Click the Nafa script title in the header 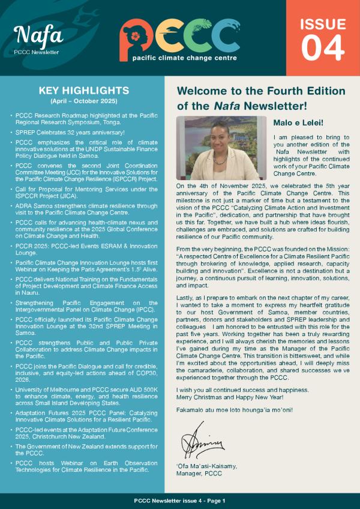coord(38,35)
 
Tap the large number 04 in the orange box coord(323,48)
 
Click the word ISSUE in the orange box coord(323,24)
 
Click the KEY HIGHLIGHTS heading coord(83,91)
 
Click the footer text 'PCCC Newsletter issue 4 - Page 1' coord(180,501)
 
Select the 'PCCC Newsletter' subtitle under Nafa coord(36,52)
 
